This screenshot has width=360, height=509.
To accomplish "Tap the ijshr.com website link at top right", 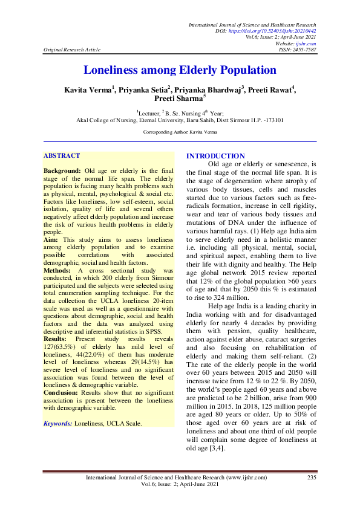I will [307, 43].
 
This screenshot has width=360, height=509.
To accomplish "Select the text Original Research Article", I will [68, 50].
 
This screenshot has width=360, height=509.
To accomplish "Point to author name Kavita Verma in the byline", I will [87, 90].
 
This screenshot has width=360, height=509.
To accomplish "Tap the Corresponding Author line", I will [179, 131].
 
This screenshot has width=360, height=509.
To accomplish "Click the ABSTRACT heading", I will [61, 155].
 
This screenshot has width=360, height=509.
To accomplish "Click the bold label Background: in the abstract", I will [62, 172].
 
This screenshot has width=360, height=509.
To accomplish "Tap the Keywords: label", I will [57, 424].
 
